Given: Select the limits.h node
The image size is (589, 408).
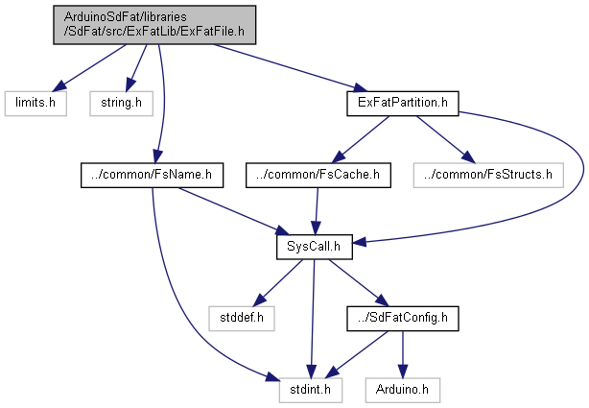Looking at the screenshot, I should [35, 101].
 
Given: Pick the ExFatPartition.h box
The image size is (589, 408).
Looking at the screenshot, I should [401, 101].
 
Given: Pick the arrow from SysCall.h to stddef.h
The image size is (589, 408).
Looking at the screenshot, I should [278, 279].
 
